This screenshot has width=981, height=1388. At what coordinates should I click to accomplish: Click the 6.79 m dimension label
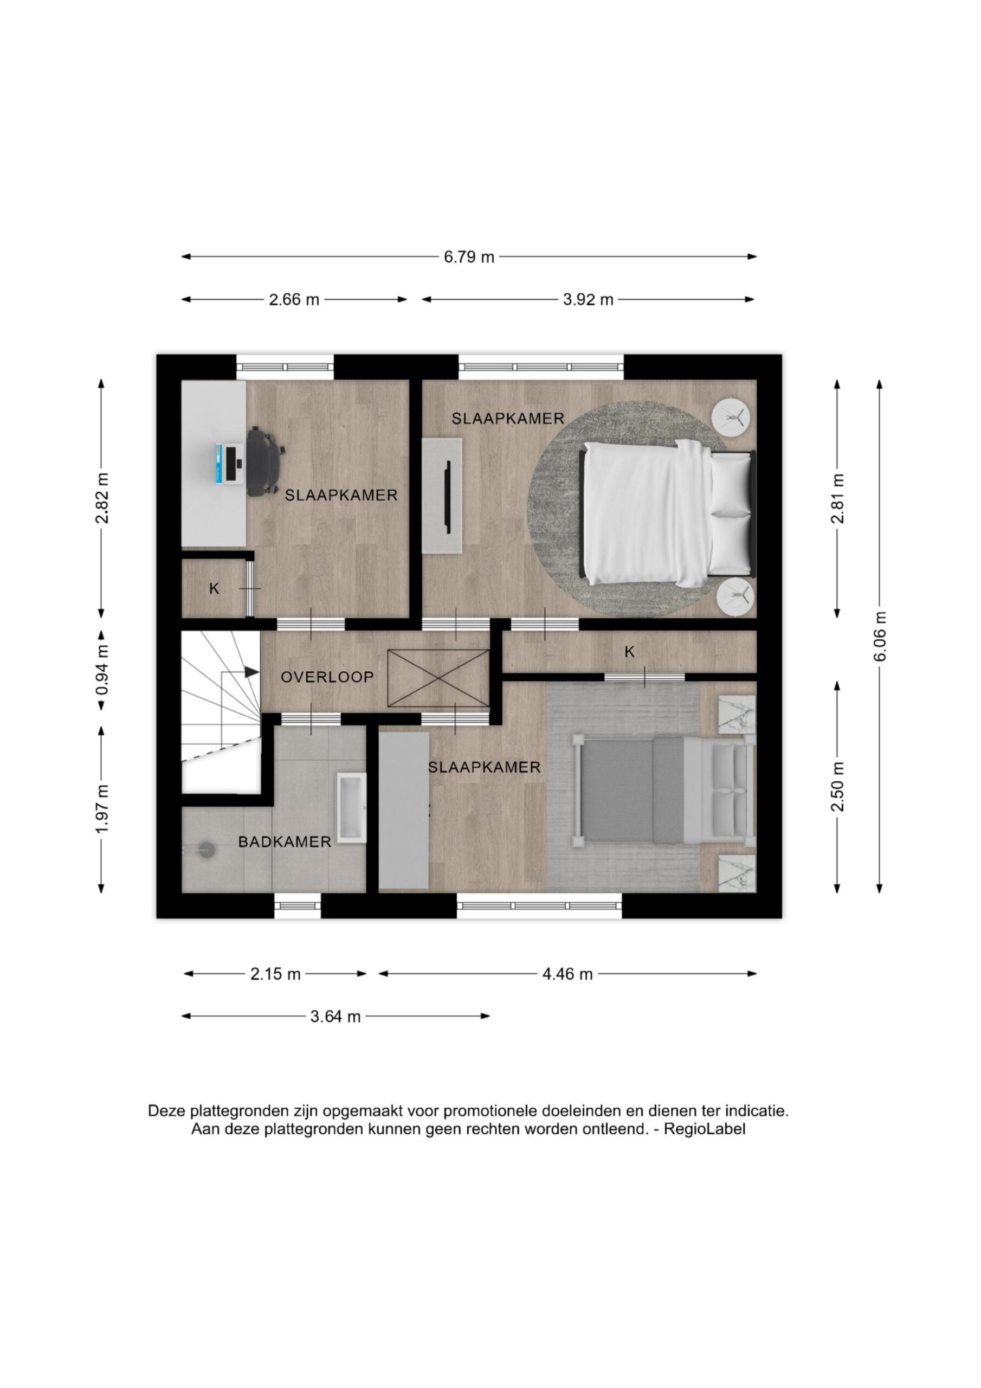(x=469, y=257)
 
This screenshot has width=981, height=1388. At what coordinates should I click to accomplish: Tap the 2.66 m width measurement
(x=294, y=299)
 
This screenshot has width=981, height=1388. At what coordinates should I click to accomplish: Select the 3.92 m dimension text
(x=588, y=299)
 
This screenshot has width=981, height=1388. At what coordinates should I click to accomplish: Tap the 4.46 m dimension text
(x=567, y=974)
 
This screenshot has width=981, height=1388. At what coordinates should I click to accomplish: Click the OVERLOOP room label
(x=327, y=677)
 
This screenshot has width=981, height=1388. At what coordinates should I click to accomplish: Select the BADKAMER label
(x=285, y=841)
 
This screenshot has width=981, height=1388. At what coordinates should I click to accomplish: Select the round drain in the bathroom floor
(x=206, y=850)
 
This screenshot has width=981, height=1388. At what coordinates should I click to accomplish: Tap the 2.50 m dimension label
(x=838, y=787)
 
